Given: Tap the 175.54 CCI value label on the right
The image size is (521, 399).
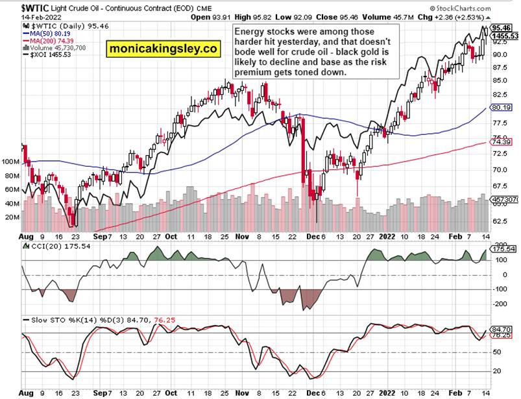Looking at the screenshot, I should [x=503, y=248].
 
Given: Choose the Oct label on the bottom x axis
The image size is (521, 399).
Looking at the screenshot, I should [x=171, y=393].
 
